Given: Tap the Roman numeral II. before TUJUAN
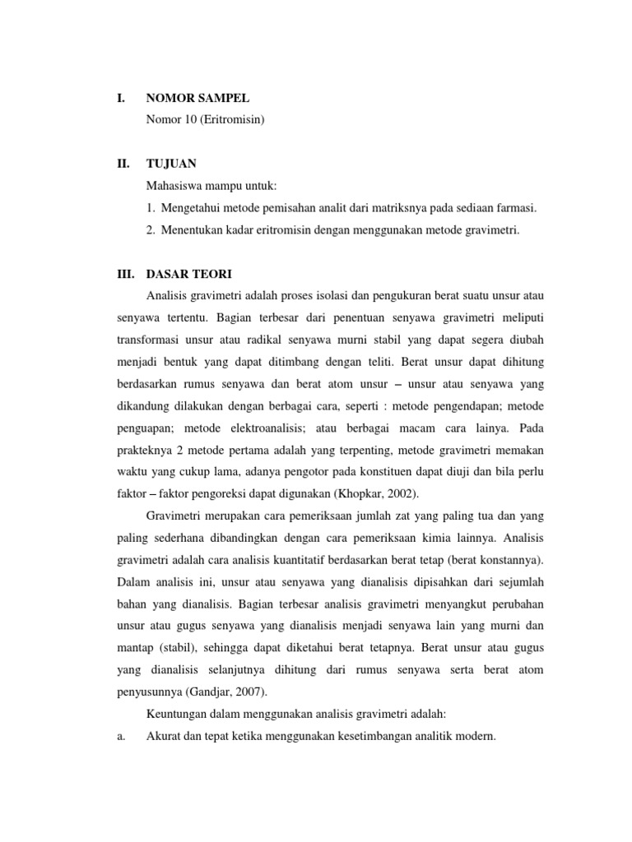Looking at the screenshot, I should click(x=123, y=164).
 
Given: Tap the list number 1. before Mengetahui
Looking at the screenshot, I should click(x=151, y=208).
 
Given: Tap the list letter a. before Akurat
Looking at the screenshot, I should click(x=120, y=738).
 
